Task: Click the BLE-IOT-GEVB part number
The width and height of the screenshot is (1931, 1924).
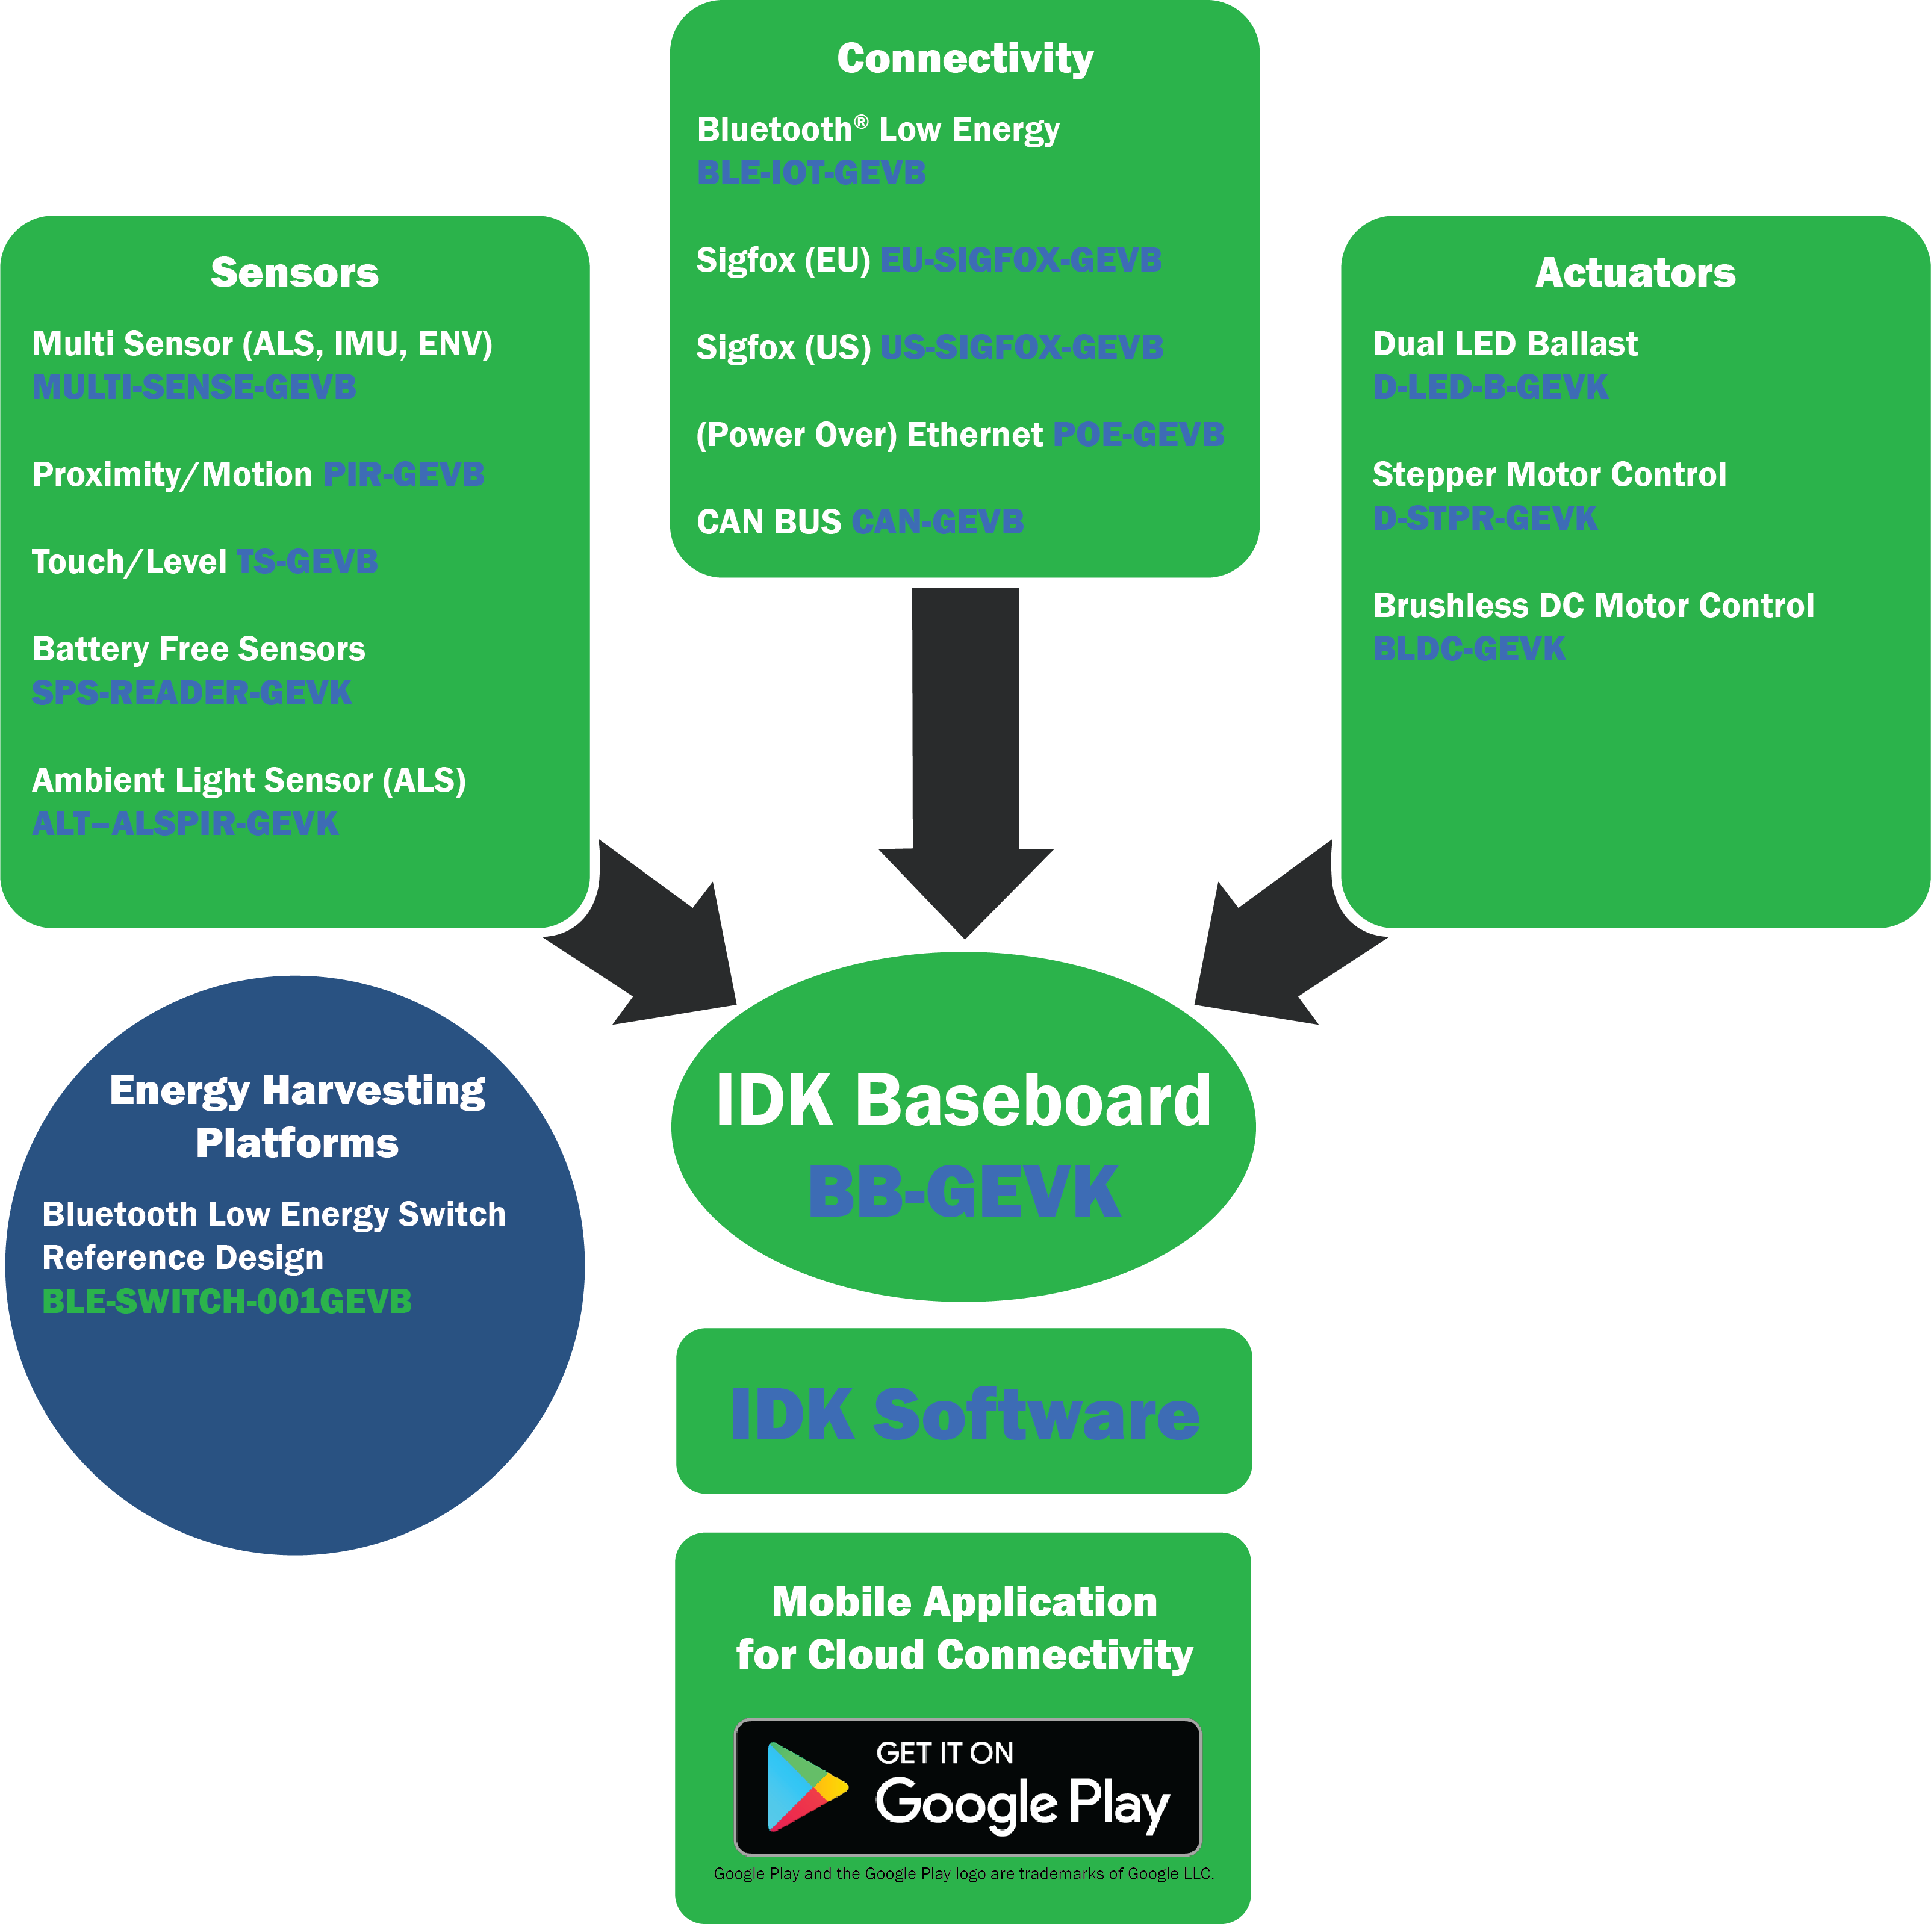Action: [x=810, y=173]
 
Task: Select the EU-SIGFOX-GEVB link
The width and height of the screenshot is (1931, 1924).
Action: [x=1021, y=260]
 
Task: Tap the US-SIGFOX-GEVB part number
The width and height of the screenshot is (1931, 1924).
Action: [x=1021, y=348]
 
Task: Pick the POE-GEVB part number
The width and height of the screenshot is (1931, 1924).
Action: [x=1139, y=435]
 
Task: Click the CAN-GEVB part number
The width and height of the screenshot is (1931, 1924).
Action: [x=938, y=522]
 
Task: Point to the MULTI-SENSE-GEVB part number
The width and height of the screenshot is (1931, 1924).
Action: [x=194, y=387]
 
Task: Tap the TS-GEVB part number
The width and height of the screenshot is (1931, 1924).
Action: [x=307, y=562]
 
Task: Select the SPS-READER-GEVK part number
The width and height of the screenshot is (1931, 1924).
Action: [x=192, y=693]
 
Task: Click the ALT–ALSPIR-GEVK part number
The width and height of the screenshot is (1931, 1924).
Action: [x=185, y=824]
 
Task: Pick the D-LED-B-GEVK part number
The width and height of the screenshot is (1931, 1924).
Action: [x=1490, y=387]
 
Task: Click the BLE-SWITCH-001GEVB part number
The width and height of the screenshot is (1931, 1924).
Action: [x=227, y=1302]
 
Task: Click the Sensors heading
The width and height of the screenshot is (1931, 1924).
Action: [x=295, y=273]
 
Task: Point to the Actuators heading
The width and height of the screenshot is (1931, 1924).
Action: [x=1635, y=273]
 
